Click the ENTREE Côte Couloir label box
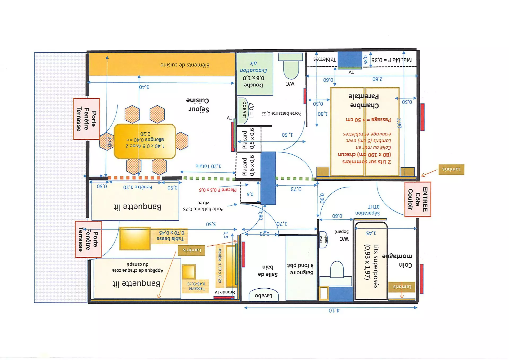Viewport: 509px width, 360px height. [418, 199]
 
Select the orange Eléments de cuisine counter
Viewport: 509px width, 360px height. [162, 64]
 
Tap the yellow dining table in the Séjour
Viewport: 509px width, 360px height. [145, 141]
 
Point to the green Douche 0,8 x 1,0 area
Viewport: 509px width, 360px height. [254, 74]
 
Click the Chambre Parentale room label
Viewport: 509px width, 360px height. [364, 101]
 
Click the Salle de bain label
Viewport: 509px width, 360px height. [267, 271]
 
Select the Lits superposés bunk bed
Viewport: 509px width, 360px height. [371, 261]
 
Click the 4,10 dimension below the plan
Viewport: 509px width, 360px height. [334, 311]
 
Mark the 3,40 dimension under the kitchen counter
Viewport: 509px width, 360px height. [144, 87]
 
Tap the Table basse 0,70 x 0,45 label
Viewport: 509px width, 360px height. [171, 236]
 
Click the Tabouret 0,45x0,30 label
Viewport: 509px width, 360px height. [196, 286]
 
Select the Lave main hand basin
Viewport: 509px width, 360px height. [323, 240]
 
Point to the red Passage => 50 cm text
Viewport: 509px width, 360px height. [368, 120]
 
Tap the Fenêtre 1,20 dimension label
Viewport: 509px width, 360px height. [137, 187]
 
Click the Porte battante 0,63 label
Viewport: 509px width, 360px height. [281, 114]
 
